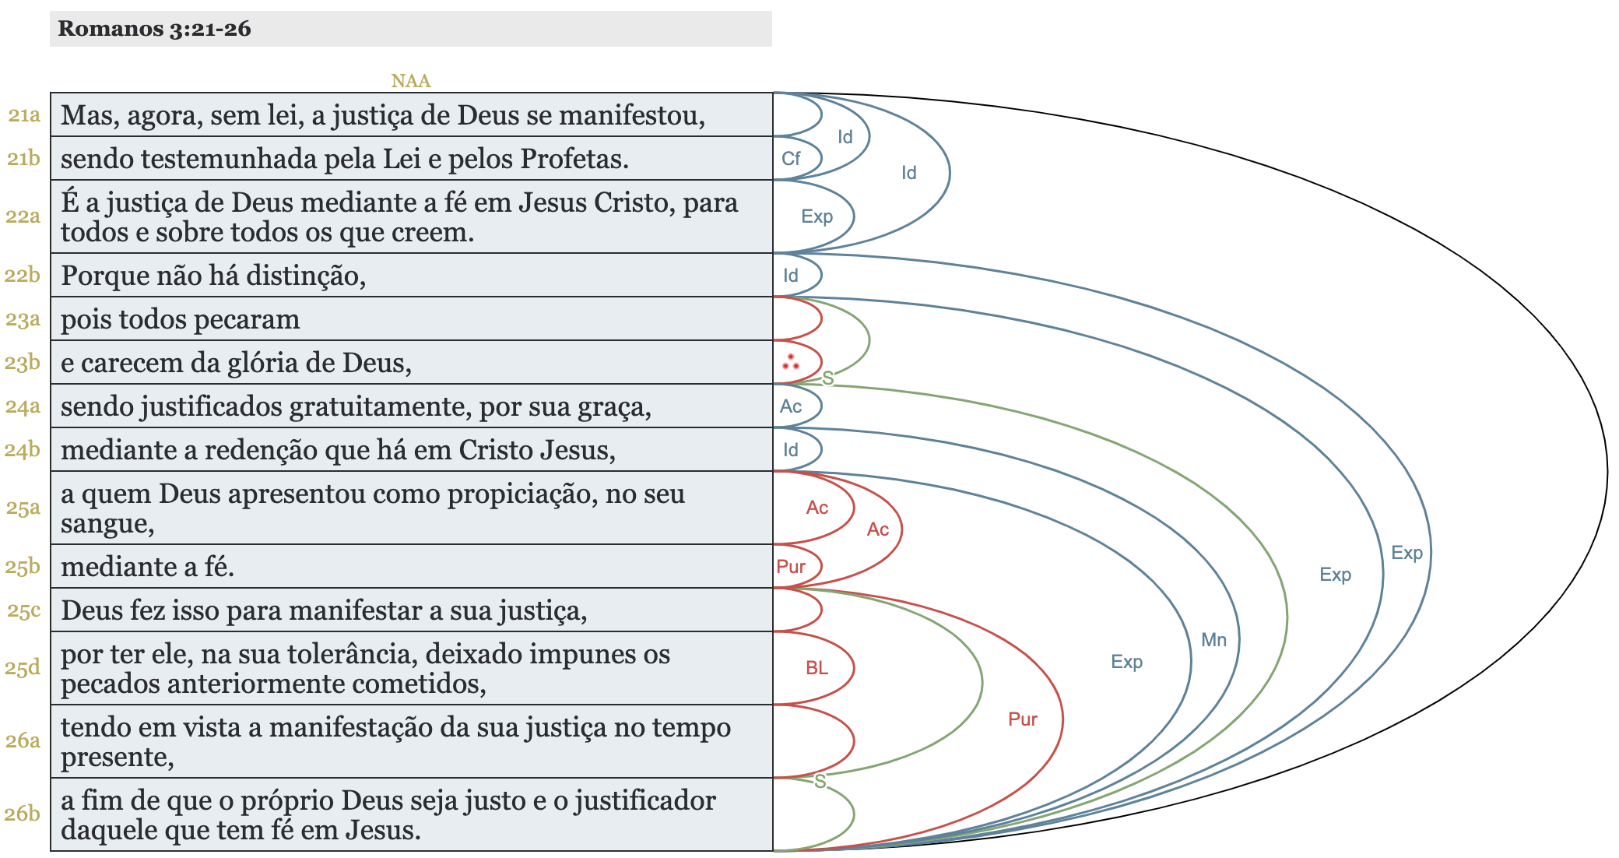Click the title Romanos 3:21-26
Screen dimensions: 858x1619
pyautogui.click(x=154, y=29)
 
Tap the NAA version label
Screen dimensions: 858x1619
pyautogui.click(x=410, y=81)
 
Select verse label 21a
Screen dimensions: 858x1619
pyautogui.click(x=24, y=115)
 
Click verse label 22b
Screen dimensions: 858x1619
pyautogui.click(x=23, y=275)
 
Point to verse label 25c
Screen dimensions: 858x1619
pyautogui.click(x=24, y=610)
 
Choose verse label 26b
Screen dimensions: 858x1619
pyautogui.click(x=23, y=814)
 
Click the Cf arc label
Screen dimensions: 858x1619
pyautogui.click(x=791, y=159)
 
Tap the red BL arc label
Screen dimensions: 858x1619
pyautogui.click(x=817, y=668)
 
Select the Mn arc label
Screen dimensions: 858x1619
pyautogui.click(x=1213, y=640)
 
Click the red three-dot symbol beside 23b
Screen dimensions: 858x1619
pyautogui.click(x=791, y=362)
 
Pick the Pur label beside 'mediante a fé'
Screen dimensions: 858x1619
pyautogui.click(x=791, y=567)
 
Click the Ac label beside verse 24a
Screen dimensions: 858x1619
pyautogui.click(x=791, y=406)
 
